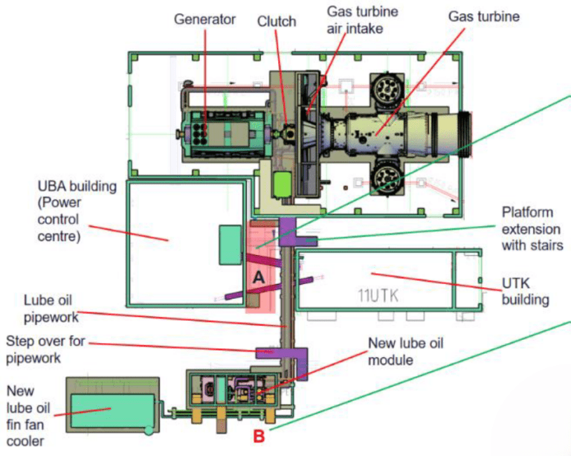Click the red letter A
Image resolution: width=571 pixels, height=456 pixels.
coord(259,276)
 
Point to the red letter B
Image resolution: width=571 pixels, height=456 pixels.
coord(259,436)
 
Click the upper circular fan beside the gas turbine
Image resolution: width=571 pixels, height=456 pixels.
coord(387,90)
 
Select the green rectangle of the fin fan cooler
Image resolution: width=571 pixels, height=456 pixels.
coord(112,406)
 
